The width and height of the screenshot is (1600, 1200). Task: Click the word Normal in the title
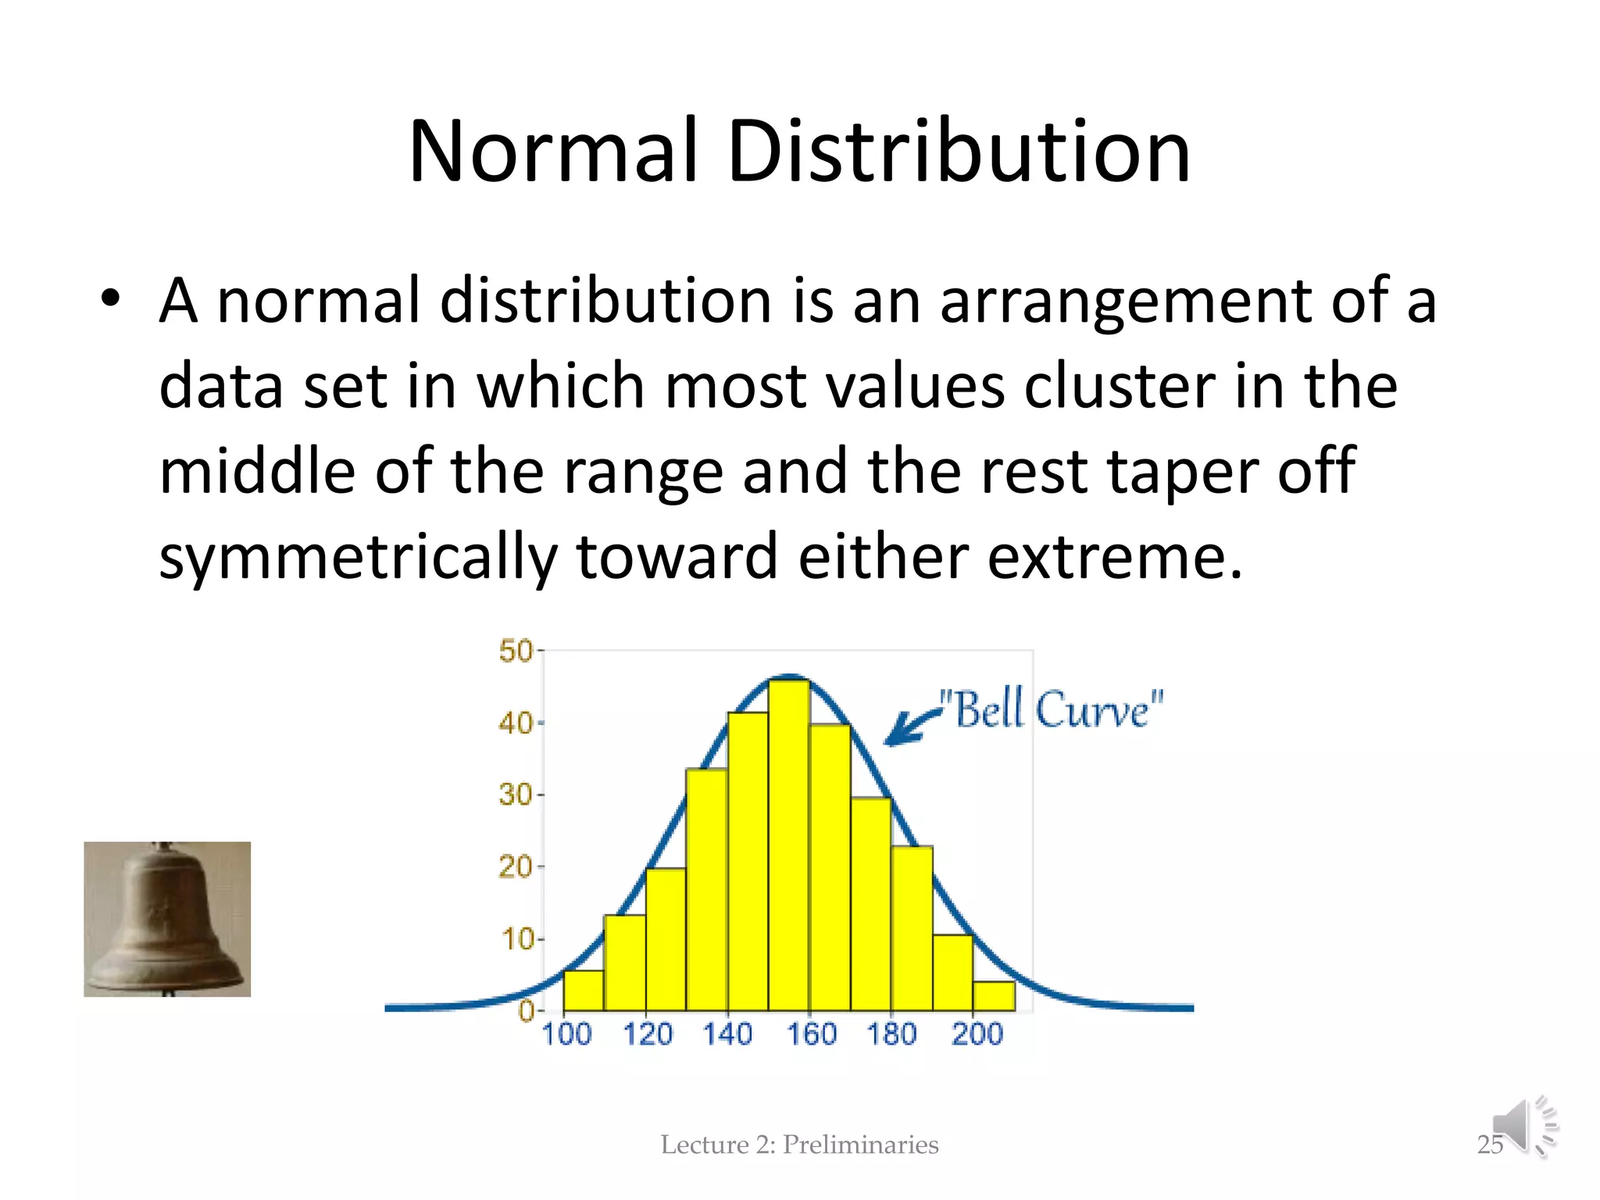pos(552,152)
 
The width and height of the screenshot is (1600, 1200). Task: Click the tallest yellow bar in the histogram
pos(788,844)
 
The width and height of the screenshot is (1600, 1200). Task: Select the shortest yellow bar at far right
pos(994,995)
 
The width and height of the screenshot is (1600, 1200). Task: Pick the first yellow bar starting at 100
pos(584,990)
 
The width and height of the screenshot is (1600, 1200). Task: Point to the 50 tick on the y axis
pos(516,651)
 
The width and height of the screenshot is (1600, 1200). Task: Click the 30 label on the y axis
pos(516,795)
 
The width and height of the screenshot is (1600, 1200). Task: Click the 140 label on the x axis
pos(727,1034)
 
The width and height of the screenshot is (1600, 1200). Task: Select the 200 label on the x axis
pos(977,1034)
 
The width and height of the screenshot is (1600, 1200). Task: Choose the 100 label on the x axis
pos(566,1034)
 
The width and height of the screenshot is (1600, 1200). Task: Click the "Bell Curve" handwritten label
pos(1052,709)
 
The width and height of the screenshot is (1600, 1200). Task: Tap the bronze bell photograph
pos(167,919)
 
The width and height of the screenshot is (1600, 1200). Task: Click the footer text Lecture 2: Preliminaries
pos(799,1145)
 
